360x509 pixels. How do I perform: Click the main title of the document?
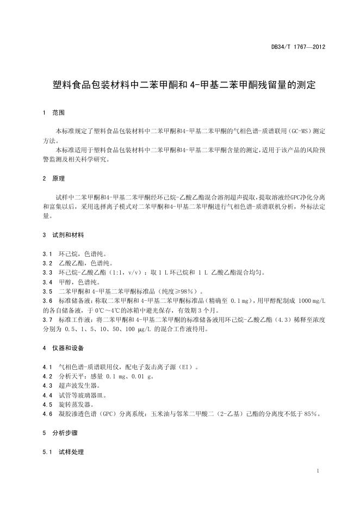click(x=180, y=85)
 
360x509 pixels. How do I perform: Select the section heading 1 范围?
click(x=54, y=113)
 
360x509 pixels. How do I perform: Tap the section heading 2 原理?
click(x=54, y=178)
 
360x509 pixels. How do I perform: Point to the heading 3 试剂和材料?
click(x=63, y=235)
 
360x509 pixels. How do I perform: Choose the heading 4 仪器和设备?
click(x=63, y=347)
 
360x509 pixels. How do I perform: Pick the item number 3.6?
click(x=47, y=301)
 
